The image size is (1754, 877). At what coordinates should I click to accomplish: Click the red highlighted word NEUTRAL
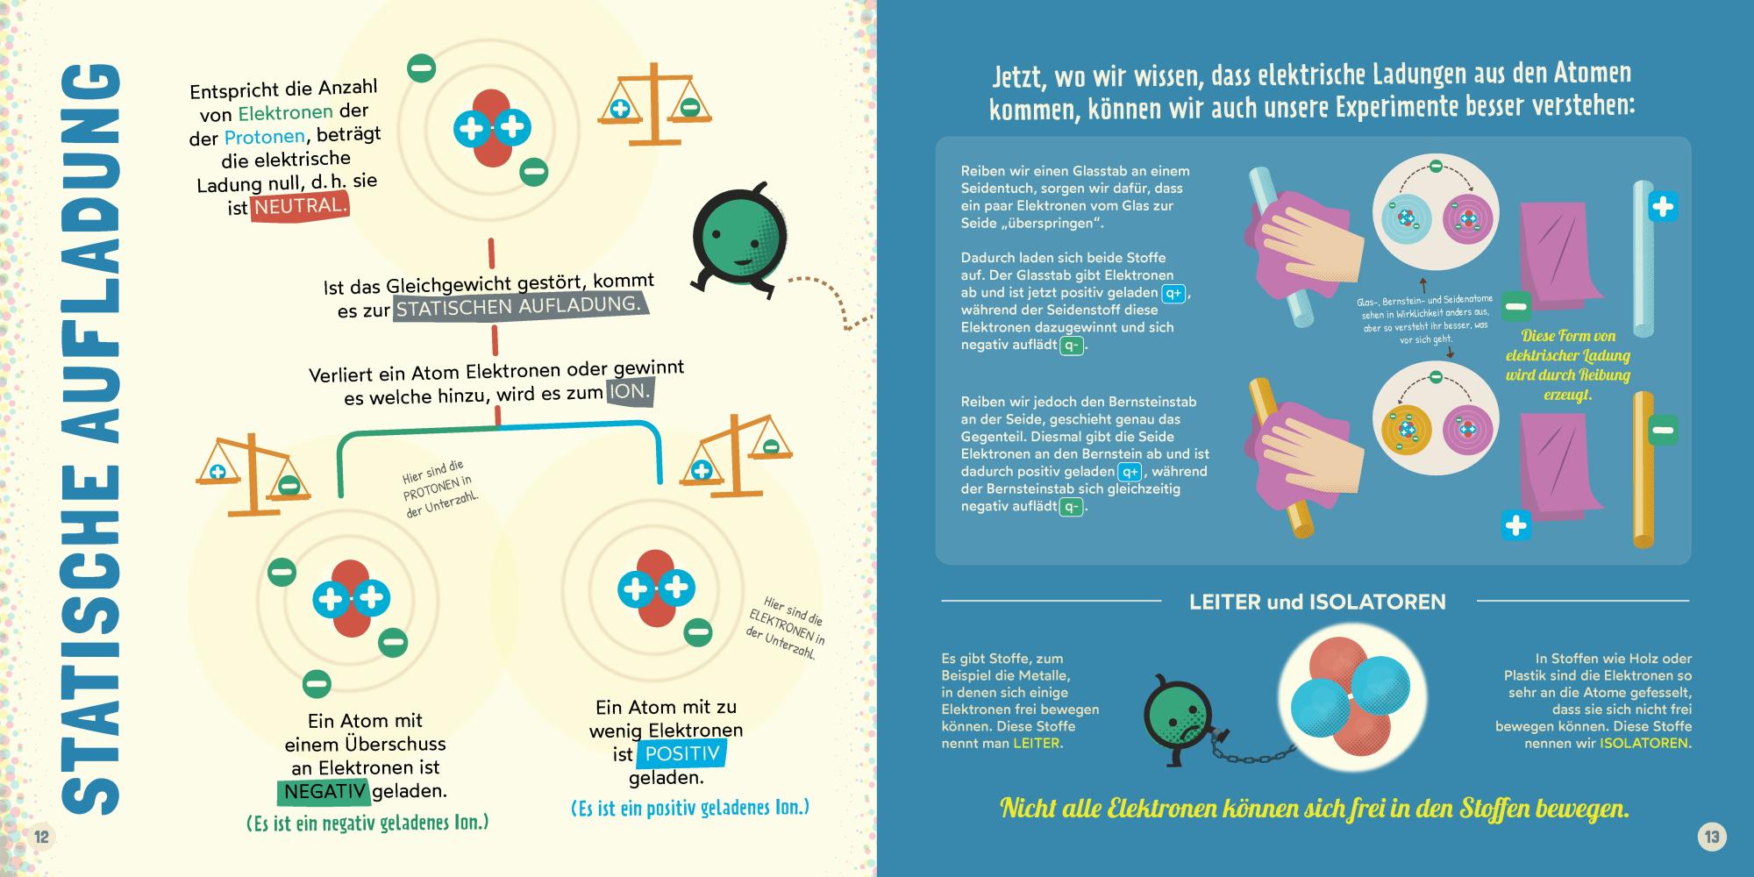point(300,207)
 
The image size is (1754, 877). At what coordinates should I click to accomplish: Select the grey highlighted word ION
point(630,392)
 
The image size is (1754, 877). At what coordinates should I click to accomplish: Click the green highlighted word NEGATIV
point(324,791)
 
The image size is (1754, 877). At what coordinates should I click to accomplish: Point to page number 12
point(41,837)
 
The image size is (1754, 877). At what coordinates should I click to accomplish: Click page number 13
point(1711,837)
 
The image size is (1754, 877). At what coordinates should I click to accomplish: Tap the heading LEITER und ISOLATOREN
point(1317,602)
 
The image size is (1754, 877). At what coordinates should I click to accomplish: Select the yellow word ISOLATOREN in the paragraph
point(1645,743)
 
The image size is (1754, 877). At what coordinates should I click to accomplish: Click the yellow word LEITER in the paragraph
point(1037,743)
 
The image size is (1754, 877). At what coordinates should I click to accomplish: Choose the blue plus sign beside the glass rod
point(1662,207)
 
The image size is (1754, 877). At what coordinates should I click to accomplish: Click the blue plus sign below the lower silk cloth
point(1515,525)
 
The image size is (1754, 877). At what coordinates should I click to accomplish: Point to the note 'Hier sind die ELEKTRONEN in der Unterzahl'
point(787,628)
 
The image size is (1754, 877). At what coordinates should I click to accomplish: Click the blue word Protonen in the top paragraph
point(264,137)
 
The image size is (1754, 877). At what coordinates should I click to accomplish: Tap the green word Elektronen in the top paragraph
point(285,112)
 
